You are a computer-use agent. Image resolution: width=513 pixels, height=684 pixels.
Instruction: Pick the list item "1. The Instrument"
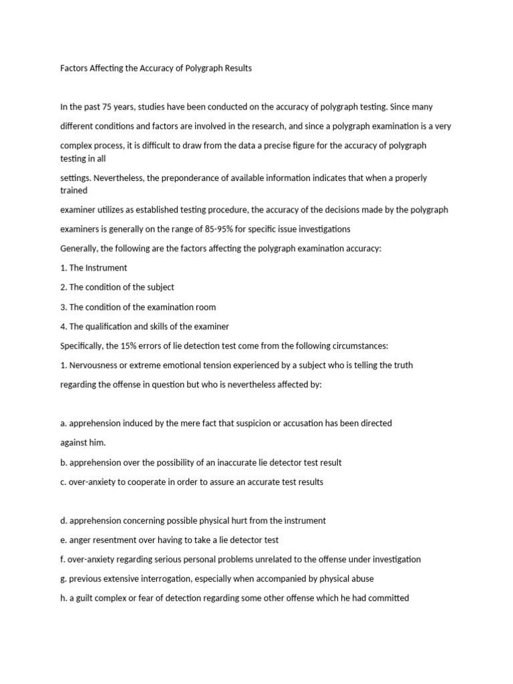94,268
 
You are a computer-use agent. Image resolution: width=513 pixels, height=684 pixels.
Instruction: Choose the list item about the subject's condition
117,287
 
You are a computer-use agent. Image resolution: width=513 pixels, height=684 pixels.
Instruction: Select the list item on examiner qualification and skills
144,327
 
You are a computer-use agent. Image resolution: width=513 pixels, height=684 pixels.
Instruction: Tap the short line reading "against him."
83,443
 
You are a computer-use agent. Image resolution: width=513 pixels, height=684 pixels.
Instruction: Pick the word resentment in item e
119,540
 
